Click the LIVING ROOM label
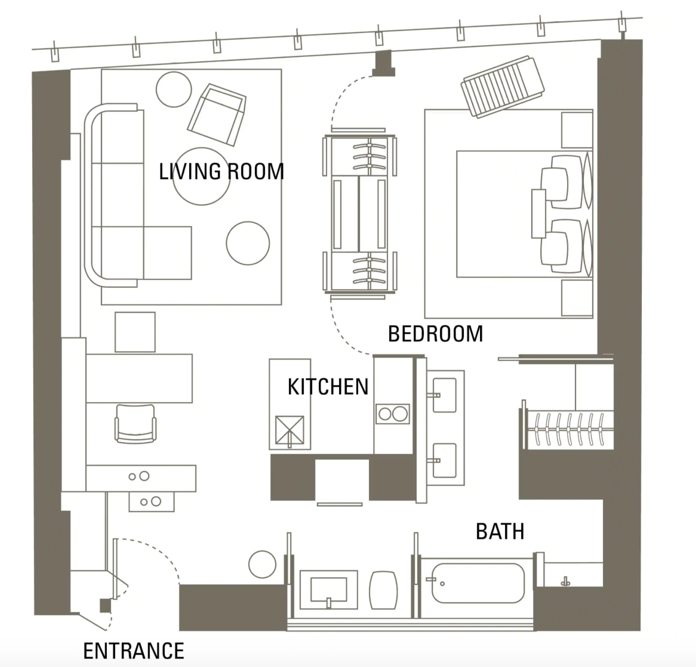click(221, 172)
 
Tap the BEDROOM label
click(435, 333)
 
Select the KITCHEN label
click(328, 387)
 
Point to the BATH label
click(500, 531)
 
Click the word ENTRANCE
click(134, 650)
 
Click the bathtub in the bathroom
click(478, 583)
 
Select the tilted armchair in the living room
click(217, 115)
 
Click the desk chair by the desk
click(135, 424)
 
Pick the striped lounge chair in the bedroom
click(503, 86)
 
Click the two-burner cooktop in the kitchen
click(392, 414)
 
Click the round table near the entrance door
click(262, 564)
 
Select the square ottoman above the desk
click(135, 332)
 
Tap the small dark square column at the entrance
click(105, 606)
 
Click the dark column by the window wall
click(384, 63)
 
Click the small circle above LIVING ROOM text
click(174, 89)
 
